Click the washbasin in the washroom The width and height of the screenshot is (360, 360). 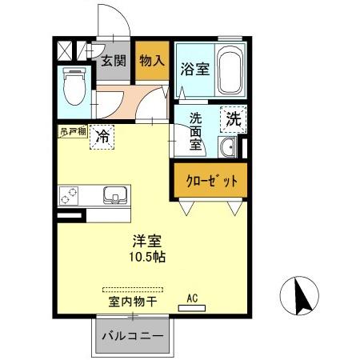(227, 146)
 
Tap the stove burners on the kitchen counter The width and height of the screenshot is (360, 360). (70, 194)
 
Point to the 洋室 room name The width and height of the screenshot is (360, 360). (145, 241)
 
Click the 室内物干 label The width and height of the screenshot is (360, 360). (132, 303)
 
